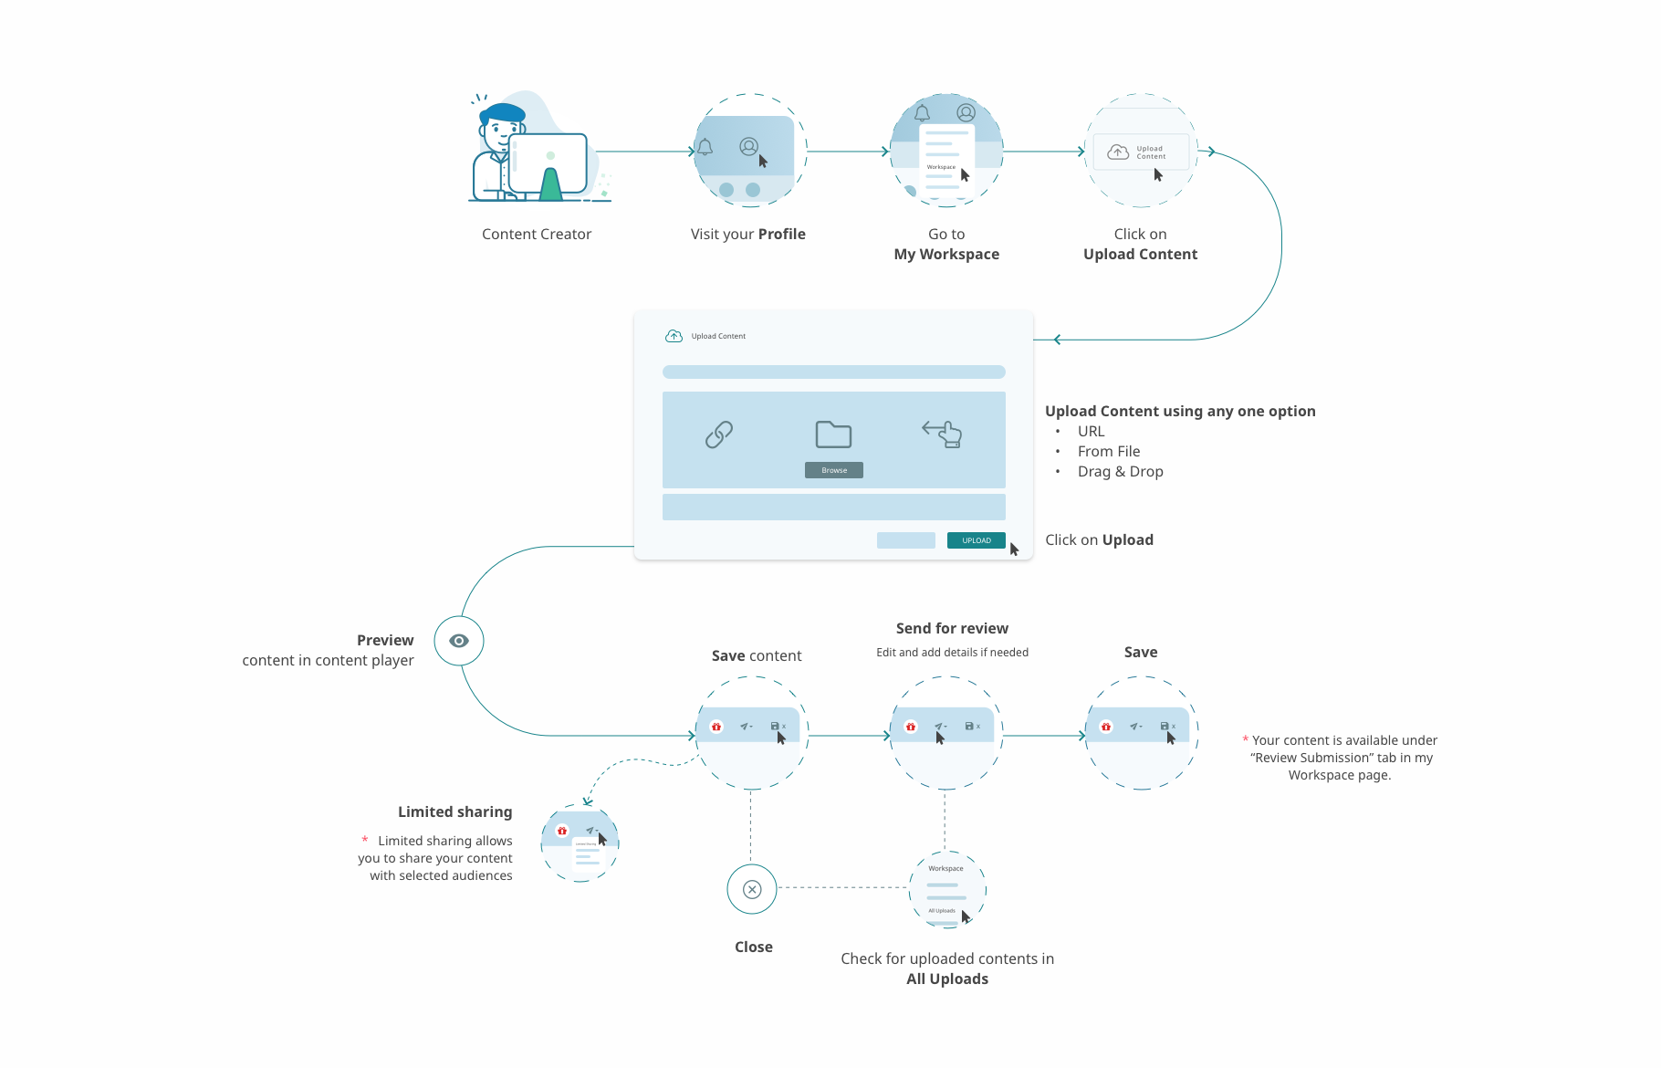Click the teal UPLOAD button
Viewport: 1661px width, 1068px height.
[x=976, y=540]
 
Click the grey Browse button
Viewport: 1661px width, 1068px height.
[x=834, y=470]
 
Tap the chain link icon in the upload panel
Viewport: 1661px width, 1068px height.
[x=719, y=435]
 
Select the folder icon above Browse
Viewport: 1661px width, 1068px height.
[x=833, y=435]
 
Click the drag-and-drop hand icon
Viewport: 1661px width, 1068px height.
[x=943, y=434]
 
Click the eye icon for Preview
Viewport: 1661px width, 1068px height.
[x=459, y=641]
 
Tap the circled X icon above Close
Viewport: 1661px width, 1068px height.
[x=752, y=889]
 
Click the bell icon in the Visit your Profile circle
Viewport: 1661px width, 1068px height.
[x=705, y=147]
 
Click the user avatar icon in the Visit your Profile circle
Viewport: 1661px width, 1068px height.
[x=748, y=146]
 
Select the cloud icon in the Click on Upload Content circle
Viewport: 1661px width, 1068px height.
[x=1118, y=152]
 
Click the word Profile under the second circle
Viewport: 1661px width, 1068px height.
[x=782, y=234]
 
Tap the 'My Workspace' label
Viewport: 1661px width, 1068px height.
[x=946, y=254]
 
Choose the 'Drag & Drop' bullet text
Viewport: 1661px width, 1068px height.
[x=1120, y=471]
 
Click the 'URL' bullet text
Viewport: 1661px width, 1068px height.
[x=1091, y=431]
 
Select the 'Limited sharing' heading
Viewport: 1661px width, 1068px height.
[x=454, y=811]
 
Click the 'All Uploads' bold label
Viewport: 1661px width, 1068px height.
[x=947, y=979]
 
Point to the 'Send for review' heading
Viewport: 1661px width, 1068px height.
[x=952, y=628]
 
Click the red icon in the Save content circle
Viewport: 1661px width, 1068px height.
[x=716, y=727]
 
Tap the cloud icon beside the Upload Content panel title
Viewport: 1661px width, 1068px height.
[x=674, y=336]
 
